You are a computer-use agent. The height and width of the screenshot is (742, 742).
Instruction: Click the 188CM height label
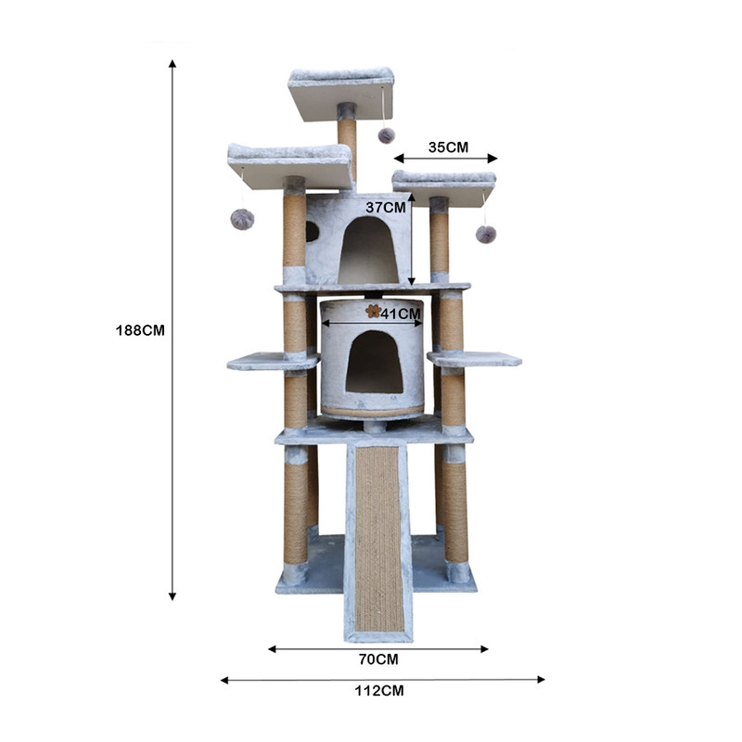[x=140, y=330]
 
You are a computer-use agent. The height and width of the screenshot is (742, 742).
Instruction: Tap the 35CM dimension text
[x=448, y=147]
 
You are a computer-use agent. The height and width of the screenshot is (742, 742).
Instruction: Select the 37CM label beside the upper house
[x=386, y=207]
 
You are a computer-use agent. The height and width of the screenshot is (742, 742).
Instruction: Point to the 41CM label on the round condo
[x=401, y=313]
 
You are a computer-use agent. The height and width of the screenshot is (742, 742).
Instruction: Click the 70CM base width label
[x=378, y=659]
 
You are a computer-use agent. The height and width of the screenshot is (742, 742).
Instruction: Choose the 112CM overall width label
[x=379, y=691]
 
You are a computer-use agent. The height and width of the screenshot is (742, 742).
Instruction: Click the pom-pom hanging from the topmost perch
[x=386, y=135]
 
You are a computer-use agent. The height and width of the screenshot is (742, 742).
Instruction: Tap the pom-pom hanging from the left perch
[x=242, y=220]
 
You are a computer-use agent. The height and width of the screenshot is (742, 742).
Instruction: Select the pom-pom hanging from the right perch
[x=486, y=235]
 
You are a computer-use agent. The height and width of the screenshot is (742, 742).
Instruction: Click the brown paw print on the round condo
[x=374, y=311]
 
